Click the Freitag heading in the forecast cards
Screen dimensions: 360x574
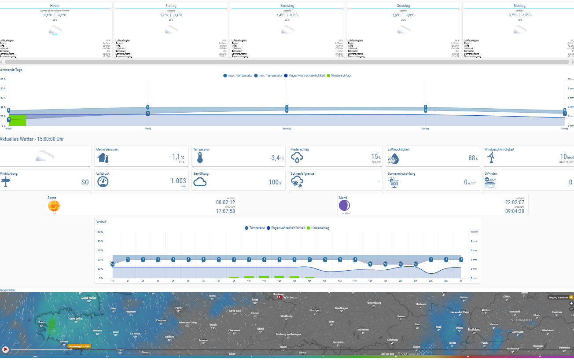click(x=171, y=6)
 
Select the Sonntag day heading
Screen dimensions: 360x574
click(x=403, y=6)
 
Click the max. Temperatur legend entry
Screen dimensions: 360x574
click(x=240, y=76)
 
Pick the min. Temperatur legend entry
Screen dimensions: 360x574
click(x=269, y=76)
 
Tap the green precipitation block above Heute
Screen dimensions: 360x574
click(x=18, y=120)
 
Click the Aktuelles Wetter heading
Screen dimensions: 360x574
click(x=32, y=139)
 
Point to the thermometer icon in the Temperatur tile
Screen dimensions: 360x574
click(x=199, y=158)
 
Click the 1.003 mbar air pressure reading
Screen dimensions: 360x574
click(x=179, y=181)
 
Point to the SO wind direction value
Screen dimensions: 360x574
click(x=85, y=182)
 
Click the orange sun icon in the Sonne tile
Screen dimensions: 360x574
click(x=54, y=206)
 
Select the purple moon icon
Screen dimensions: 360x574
click(x=344, y=205)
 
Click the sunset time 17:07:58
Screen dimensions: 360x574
click(x=225, y=211)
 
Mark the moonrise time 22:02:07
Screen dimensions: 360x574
click(x=515, y=202)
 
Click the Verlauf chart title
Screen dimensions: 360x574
click(x=101, y=222)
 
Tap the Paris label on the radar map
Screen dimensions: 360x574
click(x=178, y=308)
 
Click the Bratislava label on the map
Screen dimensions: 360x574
click(x=474, y=329)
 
